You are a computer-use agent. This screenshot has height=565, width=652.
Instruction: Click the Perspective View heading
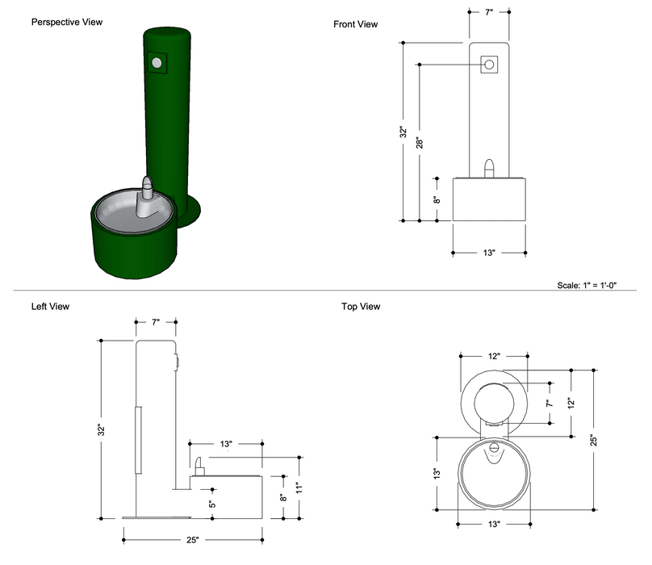[x=67, y=22]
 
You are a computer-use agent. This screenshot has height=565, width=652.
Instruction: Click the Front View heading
[x=355, y=24]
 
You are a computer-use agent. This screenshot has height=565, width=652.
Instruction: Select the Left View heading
[x=50, y=307]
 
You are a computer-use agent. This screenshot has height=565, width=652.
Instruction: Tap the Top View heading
[x=361, y=307]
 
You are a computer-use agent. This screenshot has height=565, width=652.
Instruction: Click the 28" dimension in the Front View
[x=420, y=142]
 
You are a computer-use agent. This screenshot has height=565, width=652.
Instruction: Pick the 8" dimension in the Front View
[x=436, y=199]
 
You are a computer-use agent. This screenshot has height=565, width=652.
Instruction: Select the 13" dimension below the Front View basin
[x=489, y=253]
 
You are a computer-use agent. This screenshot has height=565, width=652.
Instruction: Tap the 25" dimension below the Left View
[x=194, y=539]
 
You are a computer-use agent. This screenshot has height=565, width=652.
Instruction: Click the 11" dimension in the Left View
[x=299, y=487]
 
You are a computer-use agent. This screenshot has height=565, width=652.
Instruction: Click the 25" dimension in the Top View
[x=593, y=440]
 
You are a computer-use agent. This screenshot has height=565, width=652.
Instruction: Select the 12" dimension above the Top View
[x=494, y=356]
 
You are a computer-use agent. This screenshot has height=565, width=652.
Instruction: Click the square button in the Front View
[x=489, y=64]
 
